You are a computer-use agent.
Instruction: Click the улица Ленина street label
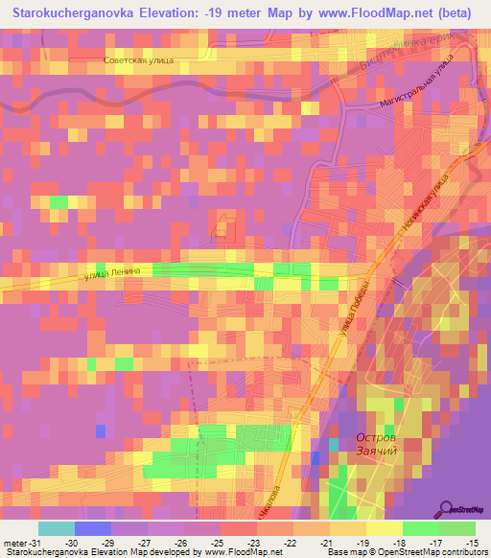click(x=112, y=272)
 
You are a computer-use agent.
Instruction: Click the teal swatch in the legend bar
click(x=57, y=528)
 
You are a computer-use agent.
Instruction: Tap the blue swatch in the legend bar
click(x=93, y=528)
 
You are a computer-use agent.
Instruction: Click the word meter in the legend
click(x=14, y=543)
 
